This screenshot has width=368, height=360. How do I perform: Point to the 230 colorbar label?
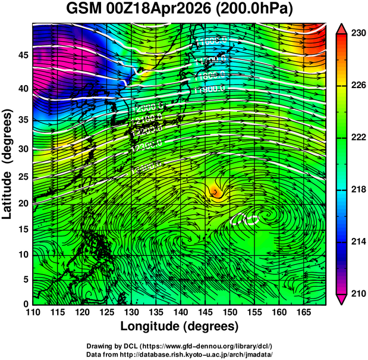tap(357, 33)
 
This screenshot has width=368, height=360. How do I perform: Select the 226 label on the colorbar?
tap(357, 85)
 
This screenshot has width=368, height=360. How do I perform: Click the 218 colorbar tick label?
tap(357, 189)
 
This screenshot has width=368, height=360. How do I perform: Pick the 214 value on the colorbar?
tap(357, 242)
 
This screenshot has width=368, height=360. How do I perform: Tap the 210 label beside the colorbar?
tap(357, 293)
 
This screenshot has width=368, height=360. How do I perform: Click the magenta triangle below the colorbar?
tap(341, 299)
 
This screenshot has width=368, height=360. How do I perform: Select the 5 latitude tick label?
tap(24, 278)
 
